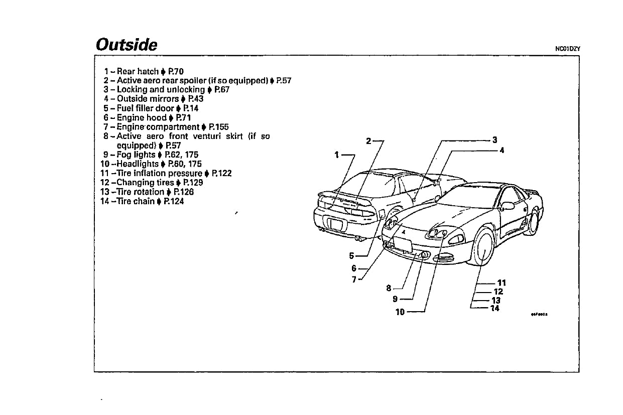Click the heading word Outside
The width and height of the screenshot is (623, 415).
click(127, 45)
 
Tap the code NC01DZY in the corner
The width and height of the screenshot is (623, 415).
click(567, 49)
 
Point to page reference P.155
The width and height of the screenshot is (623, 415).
click(218, 127)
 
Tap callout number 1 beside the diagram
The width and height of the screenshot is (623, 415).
click(337, 155)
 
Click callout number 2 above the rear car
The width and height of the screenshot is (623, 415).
click(368, 141)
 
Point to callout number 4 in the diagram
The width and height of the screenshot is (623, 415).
click(502, 150)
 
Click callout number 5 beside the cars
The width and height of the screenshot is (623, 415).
click(352, 255)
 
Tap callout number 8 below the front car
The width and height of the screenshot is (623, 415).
click(389, 288)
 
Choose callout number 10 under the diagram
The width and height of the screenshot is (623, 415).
click(400, 312)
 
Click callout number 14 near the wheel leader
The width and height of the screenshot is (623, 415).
click(495, 308)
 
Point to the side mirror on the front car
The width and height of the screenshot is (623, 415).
click(507, 205)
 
